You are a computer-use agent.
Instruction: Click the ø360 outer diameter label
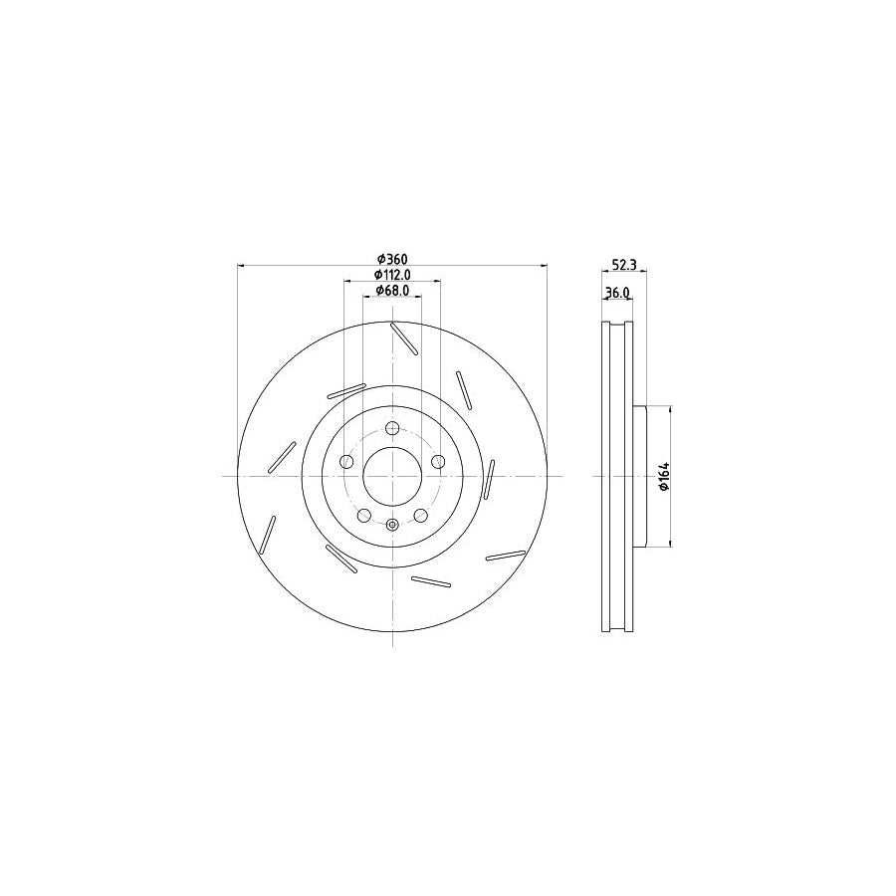coord(391,259)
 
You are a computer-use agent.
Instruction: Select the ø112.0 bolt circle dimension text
coord(392,275)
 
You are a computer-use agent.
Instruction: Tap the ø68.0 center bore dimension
coord(392,291)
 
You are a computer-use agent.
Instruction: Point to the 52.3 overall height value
coord(623,265)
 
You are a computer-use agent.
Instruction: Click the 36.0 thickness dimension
coord(617,293)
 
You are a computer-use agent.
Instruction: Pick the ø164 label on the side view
coord(662,476)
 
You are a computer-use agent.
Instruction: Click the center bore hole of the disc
coord(392,476)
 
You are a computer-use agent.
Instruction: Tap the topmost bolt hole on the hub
coord(392,429)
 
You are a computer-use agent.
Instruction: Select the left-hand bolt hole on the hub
coord(347,462)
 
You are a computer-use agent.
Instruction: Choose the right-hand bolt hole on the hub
coord(437,462)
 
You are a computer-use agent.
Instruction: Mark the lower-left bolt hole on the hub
coord(364,515)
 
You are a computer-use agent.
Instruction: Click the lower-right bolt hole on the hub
coord(420,515)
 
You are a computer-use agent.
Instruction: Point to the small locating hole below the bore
coord(392,525)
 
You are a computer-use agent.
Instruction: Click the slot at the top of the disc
coord(403,338)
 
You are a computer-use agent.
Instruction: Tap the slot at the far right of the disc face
coord(489,479)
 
